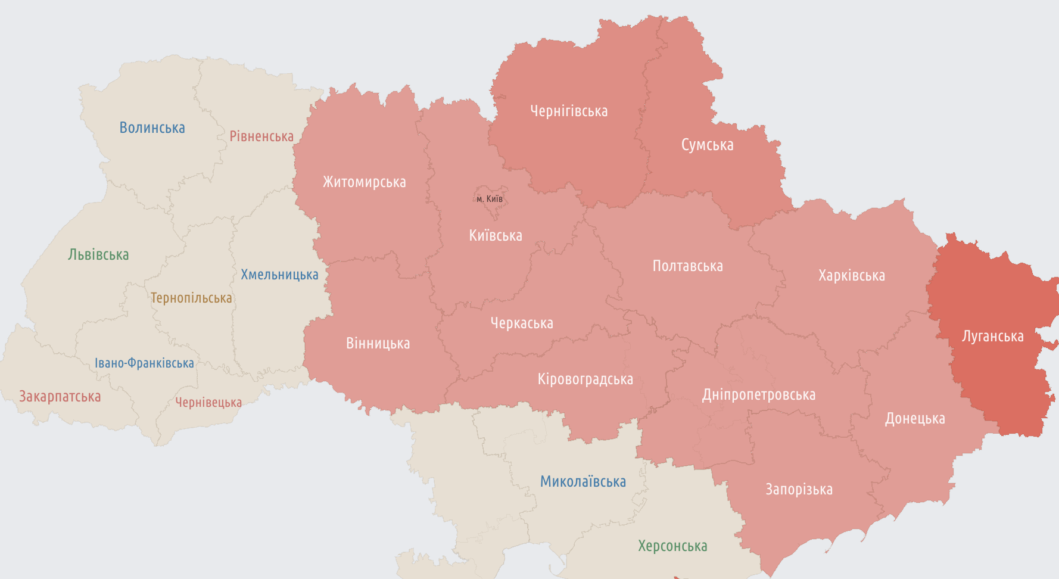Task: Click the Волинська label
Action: [152, 127]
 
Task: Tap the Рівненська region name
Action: [261, 136]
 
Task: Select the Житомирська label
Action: [364, 182]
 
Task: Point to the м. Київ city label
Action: [490, 199]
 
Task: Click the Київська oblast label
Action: [495, 235]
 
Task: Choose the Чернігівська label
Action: [569, 111]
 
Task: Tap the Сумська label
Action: [707, 145]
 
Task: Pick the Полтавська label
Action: [687, 266]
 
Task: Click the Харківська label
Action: [851, 275]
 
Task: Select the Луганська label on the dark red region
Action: [992, 336]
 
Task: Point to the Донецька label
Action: [914, 418]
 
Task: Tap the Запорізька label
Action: [799, 489]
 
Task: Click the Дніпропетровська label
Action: [758, 394]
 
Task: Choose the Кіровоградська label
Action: [585, 379]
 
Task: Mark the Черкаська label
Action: [522, 323]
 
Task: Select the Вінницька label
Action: [378, 343]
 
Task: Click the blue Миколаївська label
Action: [583, 481]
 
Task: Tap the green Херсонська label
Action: [672, 546]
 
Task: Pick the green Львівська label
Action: [98, 254]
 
